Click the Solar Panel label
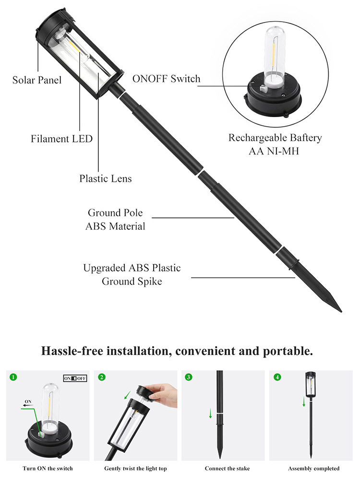(x=37, y=80)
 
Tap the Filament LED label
(x=61, y=139)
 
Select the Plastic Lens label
(x=106, y=178)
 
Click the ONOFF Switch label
(x=166, y=79)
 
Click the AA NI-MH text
(x=274, y=151)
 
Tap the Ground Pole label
(x=115, y=213)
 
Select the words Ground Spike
(x=132, y=282)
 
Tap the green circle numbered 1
(x=13, y=377)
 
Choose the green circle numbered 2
(x=102, y=377)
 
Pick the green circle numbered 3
(x=189, y=377)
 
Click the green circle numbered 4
(x=277, y=377)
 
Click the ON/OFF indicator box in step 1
(x=75, y=378)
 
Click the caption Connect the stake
(x=227, y=468)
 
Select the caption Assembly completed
(x=313, y=468)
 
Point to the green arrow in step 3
(x=210, y=414)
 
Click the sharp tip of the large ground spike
(x=342, y=312)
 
